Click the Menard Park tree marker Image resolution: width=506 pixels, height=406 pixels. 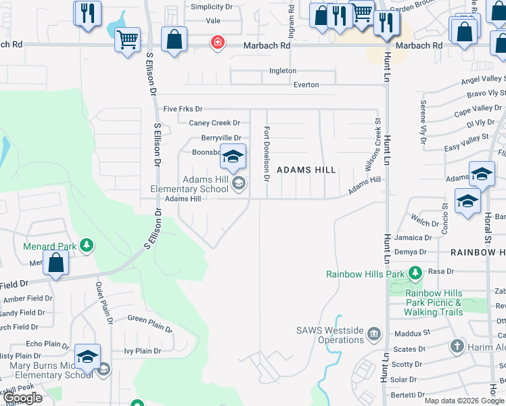point(87,245)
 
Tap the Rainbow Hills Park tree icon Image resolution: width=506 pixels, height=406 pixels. point(415,273)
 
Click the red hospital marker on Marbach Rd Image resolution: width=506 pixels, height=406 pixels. point(217,43)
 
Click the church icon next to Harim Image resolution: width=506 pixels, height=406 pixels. point(457,346)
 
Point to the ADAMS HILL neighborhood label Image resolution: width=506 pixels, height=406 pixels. point(306,171)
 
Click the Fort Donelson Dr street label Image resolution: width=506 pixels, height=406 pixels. point(267,154)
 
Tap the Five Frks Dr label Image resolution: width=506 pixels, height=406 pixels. point(183,108)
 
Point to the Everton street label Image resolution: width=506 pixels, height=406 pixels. point(306,85)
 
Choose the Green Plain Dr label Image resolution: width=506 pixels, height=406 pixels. point(149,323)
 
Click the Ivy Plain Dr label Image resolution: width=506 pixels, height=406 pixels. point(142,351)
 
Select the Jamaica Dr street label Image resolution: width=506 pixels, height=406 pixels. point(413,238)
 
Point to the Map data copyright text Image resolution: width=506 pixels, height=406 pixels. point(463,401)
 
